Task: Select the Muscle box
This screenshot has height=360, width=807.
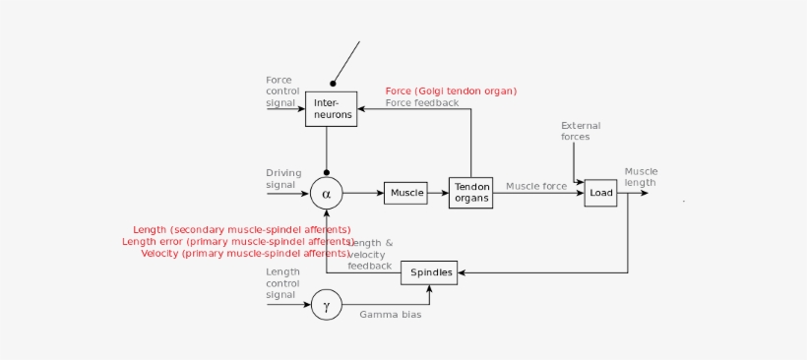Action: [x=405, y=193]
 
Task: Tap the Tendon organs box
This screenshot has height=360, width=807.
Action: [x=470, y=193]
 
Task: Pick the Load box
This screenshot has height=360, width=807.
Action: [x=600, y=193]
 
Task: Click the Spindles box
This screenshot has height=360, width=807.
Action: [x=430, y=271]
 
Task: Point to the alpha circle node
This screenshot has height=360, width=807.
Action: [x=326, y=194]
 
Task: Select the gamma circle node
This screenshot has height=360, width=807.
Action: [x=326, y=306]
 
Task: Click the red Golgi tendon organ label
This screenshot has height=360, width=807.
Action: [x=451, y=91]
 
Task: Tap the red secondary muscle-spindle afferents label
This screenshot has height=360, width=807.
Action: [x=242, y=230]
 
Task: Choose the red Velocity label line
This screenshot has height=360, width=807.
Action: [x=245, y=253]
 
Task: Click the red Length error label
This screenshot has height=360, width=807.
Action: [x=237, y=241]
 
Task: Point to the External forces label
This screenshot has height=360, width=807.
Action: [x=581, y=131]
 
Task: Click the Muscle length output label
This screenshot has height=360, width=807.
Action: [x=641, y=176]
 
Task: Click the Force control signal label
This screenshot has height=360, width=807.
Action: [x=281, y=90]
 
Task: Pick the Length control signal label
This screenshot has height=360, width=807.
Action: [x=282, y=282]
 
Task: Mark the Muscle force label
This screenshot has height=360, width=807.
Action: [x=536, y=185]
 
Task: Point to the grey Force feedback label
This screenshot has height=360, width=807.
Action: [x=422, y=102]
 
